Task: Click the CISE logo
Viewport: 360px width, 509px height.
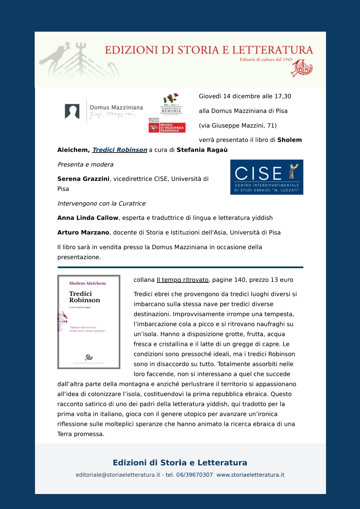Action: pyautogui.click(x=267, y=177)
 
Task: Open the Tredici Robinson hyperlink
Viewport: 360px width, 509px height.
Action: pyautogui.click(x=120, y=150)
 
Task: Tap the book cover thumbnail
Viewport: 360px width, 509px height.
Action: pyautogui.click(x=89, y=322)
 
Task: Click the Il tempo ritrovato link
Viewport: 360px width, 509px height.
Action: pyautogui.click(x=183, y=280)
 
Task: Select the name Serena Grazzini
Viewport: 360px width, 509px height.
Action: pyautogui.click(x=83, y=179)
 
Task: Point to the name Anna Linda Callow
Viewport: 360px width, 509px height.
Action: pyautogui.click(x=88, y=218)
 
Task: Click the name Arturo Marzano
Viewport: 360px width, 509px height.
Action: pyautogui.click(x=83, y=233)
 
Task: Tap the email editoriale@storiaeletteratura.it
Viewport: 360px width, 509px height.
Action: pyautogui.click(x=118, y=475)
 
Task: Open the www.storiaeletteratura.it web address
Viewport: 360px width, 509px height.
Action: pyautogui.click(x=250, y=475)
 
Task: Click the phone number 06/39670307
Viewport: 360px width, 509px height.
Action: pyautogui.click(x=194, y=475)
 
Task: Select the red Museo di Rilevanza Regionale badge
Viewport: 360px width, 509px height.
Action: pyautogui.click(x=167, y=128)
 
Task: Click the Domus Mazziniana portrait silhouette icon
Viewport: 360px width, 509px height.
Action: pyautogui.click(x=72, y=111)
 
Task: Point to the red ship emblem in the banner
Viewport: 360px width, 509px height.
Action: pyautogui.click(x=302, y=68)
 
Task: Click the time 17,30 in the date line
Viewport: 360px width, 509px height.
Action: pyautogui.click(x=283, y=96)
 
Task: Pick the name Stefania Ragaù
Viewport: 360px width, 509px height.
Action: pyautogui.click(x=202, y=150)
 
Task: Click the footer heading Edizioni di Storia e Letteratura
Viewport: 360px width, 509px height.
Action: pyautogui.click(x=180, y=463)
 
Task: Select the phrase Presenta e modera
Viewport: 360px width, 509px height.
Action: pyautogui.click(x=85, y=165)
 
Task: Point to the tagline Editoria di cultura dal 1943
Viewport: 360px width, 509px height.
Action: pyautogui.click(x=266, y=60)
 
